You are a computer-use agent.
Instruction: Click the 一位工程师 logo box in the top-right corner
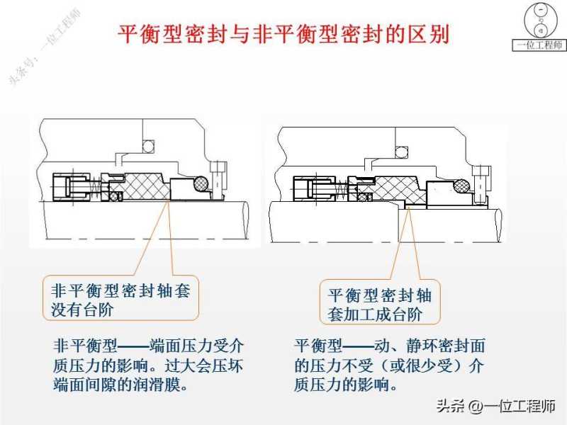(x=539, y=28)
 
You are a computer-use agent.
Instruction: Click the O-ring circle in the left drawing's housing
(x=149, y=147)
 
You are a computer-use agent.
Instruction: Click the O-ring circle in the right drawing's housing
(x=402, y=152)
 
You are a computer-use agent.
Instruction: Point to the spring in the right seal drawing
(x=344, y=190)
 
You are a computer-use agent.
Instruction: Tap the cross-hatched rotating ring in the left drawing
(x=145, y=188)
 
